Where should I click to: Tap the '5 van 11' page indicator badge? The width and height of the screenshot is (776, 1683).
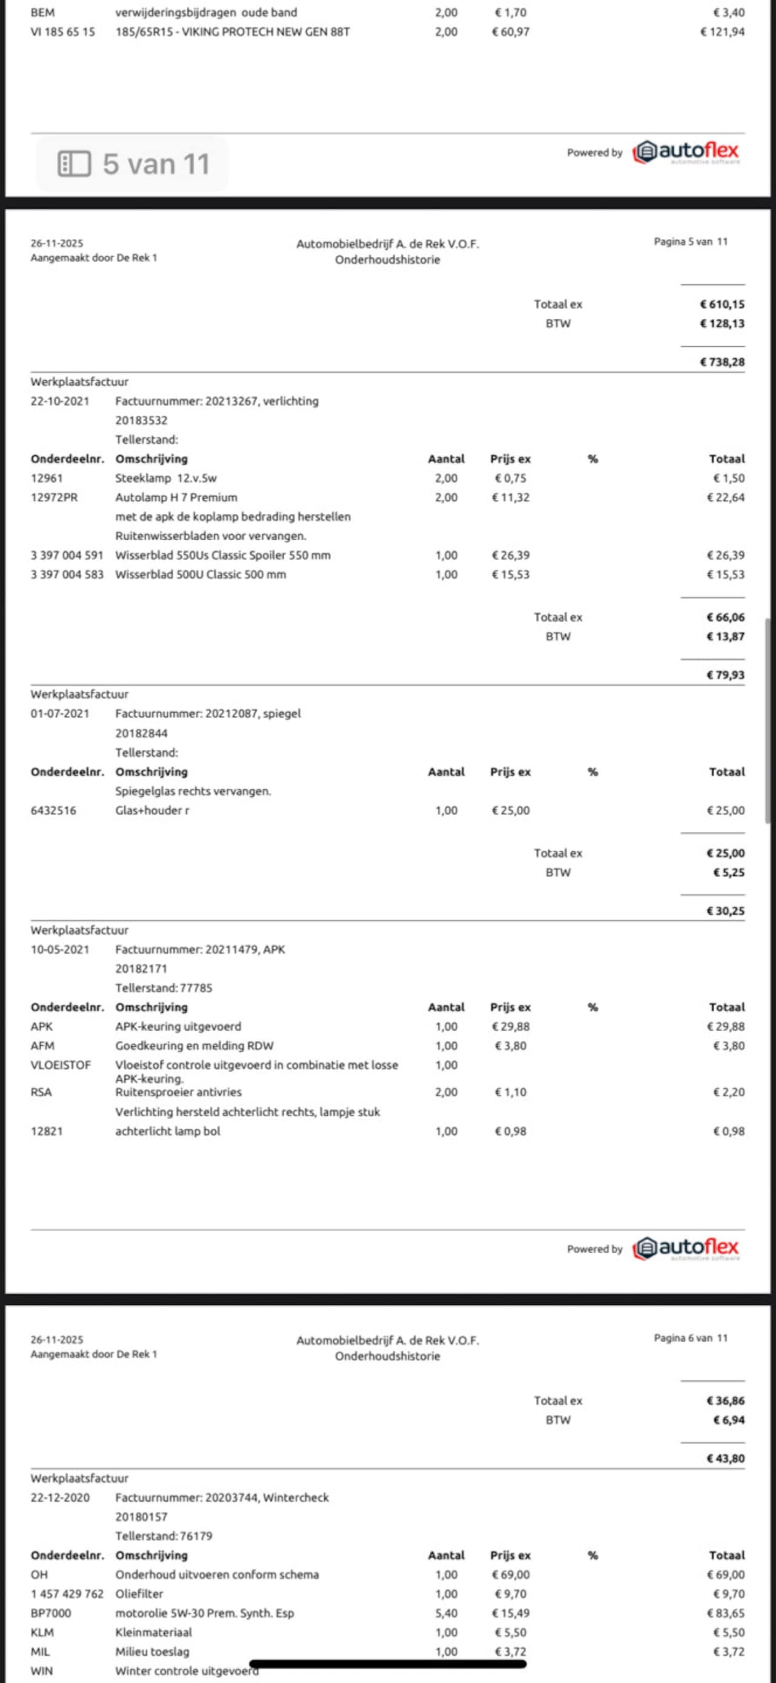coord(133,164)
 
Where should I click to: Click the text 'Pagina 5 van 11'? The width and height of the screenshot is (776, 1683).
coord(691,242)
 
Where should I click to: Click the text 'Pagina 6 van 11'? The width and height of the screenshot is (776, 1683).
coord(691,1338)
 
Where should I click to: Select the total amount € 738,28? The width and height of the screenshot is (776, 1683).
coord(722,362)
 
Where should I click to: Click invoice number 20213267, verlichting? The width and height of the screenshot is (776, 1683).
coord(217,401)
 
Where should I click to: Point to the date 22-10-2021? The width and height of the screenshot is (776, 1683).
coord(60,401)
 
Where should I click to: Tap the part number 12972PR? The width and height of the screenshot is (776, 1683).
coord(54,497)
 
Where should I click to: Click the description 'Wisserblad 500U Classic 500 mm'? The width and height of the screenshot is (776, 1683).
coord(201,574)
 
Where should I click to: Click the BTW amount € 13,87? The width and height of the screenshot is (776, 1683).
coord(725,637)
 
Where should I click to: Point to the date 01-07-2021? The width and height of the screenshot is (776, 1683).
coord(60,714)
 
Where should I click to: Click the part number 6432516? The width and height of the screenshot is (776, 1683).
coord(53,810)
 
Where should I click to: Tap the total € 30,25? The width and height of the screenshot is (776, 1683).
coord(725,911)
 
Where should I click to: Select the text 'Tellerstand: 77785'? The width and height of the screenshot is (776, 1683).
coord(164,988)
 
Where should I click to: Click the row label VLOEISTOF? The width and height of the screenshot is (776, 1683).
coord(61,1065)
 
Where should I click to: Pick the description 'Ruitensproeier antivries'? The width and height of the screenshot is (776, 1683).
coord(178,1092)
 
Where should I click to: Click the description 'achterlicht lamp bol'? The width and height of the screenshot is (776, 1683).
coord(168,1131)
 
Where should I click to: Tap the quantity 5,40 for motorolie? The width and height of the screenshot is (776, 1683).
coord(446,1613)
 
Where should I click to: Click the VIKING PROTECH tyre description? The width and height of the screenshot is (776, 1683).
coord(233,32)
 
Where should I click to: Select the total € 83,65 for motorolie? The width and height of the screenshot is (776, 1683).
coord(725,1613)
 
